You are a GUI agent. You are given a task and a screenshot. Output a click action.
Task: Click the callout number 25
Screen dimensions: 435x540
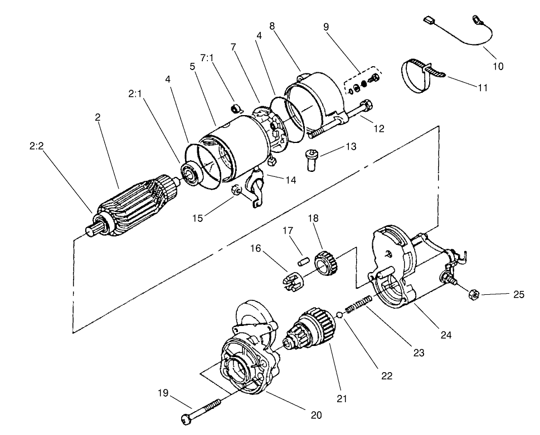519,295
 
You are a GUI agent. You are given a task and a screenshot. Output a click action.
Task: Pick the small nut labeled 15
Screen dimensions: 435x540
236,192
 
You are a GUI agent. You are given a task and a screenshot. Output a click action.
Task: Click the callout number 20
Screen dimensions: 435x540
317,415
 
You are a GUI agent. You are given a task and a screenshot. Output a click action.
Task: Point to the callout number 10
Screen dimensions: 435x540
498,66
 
